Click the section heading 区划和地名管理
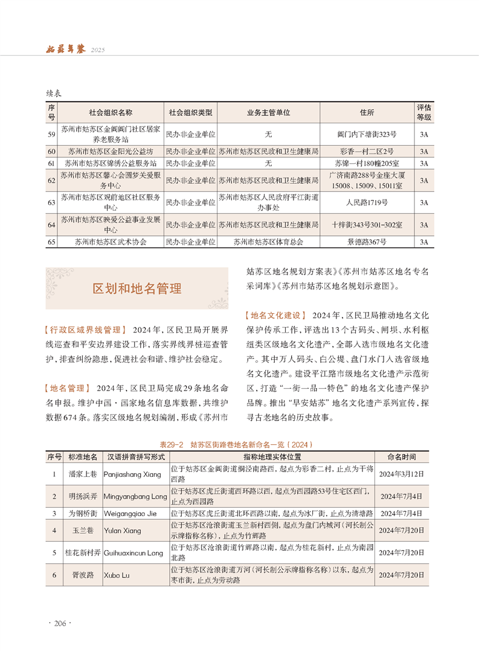137,288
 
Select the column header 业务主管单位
268,112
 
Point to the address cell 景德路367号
367,242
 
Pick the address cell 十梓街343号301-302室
367,225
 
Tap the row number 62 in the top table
51,180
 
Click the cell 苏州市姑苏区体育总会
268,242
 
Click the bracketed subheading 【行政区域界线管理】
85,330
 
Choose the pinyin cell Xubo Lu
116,575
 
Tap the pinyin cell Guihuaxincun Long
133,552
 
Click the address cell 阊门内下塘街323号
367,134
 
